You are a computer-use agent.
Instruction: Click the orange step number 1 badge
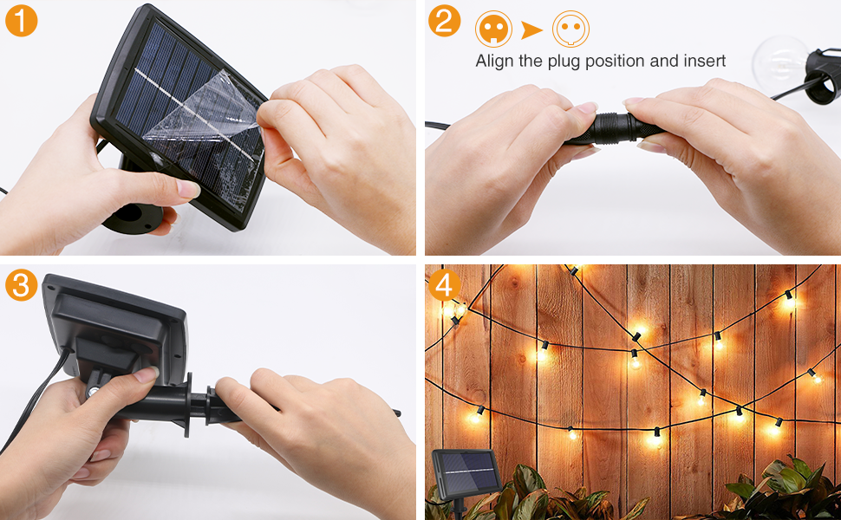21,21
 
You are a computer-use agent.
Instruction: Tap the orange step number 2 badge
444,21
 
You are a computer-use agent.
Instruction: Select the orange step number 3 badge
21,284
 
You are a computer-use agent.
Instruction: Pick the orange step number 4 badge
444,284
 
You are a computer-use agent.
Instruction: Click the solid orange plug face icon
493,29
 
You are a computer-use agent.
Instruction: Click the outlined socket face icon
570,29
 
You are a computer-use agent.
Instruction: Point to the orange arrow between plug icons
531,30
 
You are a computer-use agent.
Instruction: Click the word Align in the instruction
495,62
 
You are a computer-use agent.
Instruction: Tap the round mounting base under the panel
133,217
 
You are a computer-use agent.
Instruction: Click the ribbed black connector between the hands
616,128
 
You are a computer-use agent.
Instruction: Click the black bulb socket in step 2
822,75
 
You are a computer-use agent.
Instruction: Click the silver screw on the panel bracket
92,392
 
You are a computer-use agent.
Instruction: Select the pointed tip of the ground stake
399,413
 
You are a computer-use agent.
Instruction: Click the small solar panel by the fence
466,472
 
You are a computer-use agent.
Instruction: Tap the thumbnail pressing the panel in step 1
189,189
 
